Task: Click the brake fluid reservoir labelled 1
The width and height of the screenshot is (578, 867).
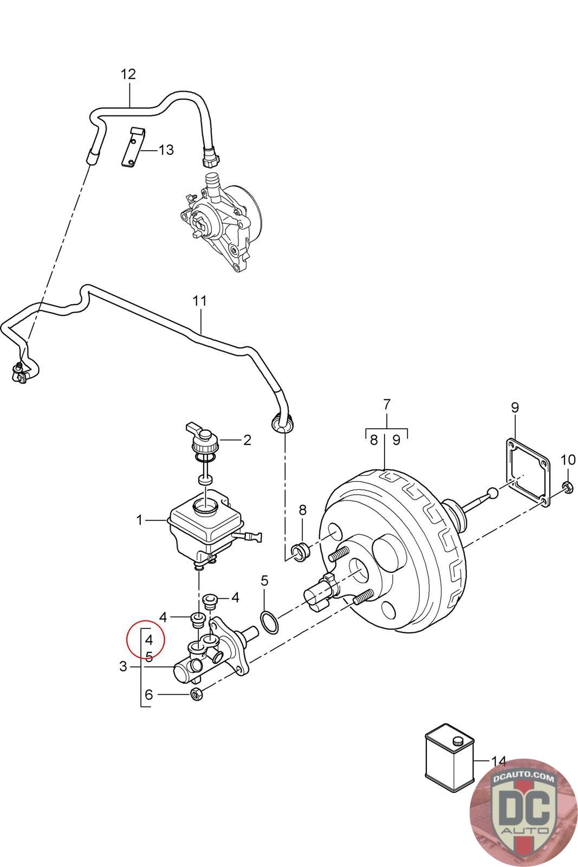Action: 203,526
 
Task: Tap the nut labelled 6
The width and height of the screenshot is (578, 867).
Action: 197,694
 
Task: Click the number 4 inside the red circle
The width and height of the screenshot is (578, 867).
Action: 150,640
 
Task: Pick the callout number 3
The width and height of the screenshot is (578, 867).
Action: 123,667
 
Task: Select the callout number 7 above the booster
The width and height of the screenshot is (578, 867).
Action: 386,404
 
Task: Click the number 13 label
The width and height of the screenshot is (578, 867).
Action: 166,150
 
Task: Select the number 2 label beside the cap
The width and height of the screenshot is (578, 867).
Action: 247,440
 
